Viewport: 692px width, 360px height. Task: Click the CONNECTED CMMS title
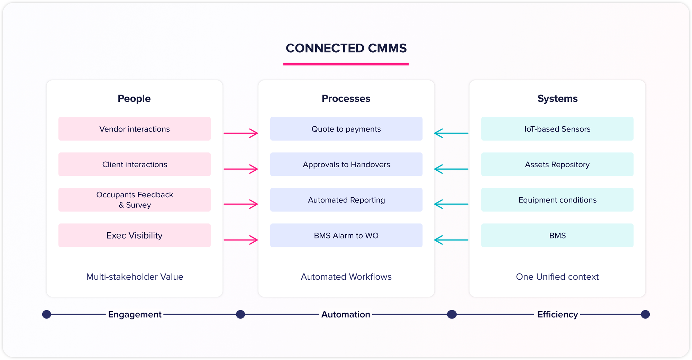346,48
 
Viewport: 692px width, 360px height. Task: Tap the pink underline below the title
346,64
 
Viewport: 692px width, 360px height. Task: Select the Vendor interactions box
134,129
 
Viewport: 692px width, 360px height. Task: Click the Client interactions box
134,164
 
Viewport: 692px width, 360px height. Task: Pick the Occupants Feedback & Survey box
134,200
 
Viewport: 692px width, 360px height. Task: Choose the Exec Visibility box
134,235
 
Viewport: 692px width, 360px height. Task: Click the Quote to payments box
346,129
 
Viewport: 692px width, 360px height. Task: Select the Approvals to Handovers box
346,164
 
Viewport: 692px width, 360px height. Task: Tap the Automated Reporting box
346,200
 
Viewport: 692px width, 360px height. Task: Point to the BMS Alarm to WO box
346,235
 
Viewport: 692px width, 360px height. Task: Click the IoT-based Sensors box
557,129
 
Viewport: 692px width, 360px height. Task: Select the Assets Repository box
557,164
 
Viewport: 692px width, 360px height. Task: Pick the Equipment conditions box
557,200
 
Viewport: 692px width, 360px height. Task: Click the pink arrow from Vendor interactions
240,133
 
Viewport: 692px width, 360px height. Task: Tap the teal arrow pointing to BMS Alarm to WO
451,240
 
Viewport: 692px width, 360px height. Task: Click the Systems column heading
557,99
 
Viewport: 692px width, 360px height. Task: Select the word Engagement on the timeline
135,314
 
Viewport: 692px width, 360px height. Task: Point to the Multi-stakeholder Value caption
135,277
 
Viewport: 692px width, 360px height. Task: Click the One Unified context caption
557,277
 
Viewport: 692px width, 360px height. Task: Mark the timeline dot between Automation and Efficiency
452,314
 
